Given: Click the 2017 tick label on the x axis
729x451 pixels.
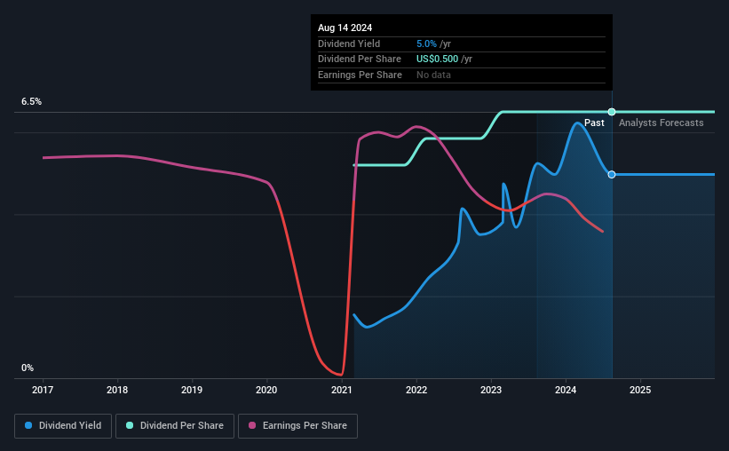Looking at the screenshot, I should pyautogui.click(x=43, y=390).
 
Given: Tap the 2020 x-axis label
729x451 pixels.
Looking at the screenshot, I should pyautogui.click(x=267, y=390).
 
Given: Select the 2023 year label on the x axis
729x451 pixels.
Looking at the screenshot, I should pyautogui.click(x=491, y=390).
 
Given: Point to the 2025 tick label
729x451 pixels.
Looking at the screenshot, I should pyautogui.click(x=641, y=390).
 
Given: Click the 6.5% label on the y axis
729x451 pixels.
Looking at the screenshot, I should pyautogui.click(x=31, y=102).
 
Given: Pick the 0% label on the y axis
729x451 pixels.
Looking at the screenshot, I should pyautogui.click(x=28, y=368).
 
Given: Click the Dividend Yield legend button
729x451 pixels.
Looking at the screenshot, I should pyautogui.click(x=64, y=426).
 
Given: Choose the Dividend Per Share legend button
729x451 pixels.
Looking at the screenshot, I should pyautogui.click(x=175, y=426).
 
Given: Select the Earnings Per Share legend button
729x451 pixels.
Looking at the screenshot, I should pyautogui.click(x=297, y=426).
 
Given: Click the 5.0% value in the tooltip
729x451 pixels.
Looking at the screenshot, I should pyautogui.click(x=426, y=44).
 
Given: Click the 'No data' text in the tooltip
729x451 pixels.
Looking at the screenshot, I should pyautogui.click(x=434, y=75).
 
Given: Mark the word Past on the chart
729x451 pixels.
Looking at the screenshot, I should pyautogui.click(x=594, y=123).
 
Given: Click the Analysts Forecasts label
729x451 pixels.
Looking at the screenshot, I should pyautogui.click(x=661, y=123).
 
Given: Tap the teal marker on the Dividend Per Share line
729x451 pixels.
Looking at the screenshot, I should pyautogui.click(x=612, y=111).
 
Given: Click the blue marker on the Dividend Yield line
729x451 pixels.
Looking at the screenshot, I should pyautogui.click(x=612, y=174).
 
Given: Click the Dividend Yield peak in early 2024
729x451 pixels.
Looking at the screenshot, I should pyautogui.click(x=578, y=123).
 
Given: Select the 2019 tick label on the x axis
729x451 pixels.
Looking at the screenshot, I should pyautogui.click(x=192, y=390).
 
